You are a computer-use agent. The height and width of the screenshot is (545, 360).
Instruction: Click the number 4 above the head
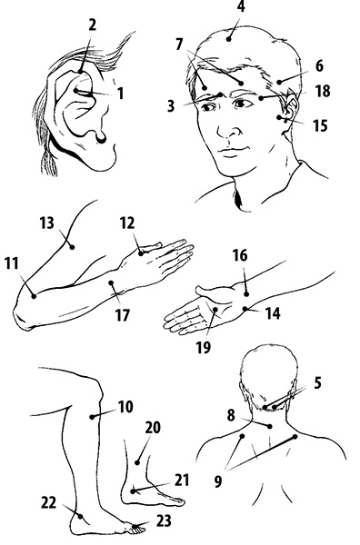tap(241, 7)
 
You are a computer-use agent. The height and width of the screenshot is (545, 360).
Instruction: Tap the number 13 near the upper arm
tap(47, 223)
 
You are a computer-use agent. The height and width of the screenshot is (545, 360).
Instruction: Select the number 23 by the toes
tap(163, 521)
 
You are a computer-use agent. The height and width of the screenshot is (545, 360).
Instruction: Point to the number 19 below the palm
tap(204, 347)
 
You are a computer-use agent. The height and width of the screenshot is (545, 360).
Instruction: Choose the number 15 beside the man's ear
tap(320, 125)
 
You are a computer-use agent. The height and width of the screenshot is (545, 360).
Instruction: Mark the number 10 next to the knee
tap(125, 406)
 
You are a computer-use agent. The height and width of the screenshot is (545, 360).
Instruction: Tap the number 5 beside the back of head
tap(317, 382)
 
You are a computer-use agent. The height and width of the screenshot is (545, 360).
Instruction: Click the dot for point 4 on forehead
tap(228, 39)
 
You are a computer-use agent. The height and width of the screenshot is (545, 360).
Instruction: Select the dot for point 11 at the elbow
tap(34, 296)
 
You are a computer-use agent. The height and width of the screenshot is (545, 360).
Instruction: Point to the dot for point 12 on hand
tap(141, 253)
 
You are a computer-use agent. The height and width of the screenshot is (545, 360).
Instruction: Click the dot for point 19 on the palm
tap(215, 309)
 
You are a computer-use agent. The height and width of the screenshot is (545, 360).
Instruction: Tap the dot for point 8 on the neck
tap(270, 426)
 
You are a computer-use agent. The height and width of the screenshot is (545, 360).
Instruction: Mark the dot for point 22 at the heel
tap(80, 517)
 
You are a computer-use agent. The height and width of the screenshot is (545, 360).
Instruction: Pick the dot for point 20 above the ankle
tap(137, 462)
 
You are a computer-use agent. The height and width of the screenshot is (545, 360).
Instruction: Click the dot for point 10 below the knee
tap(92, 416)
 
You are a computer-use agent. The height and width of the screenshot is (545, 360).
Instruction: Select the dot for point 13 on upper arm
tap(72, 247)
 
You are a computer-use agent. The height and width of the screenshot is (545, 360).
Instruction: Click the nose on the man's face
tap(228, 129)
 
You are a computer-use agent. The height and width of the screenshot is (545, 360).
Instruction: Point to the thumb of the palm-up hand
tap(212, 290)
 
